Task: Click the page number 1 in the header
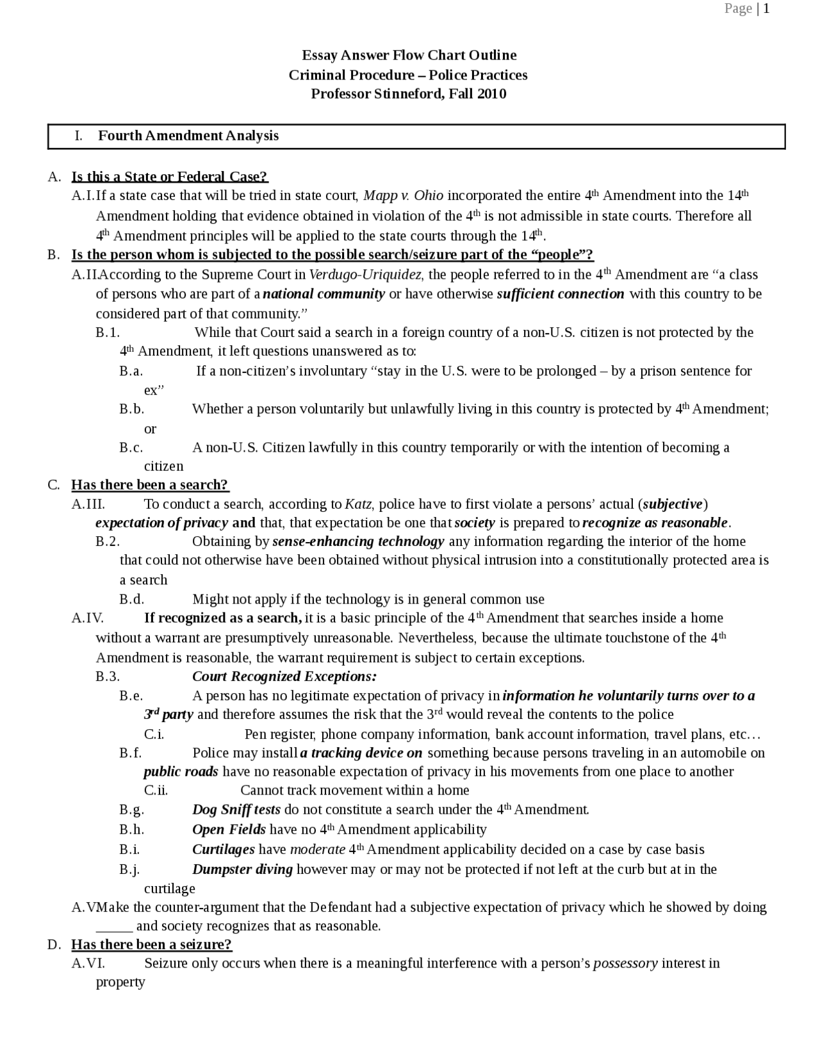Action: click(766, 8)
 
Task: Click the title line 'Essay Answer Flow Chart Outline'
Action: click(409, 55)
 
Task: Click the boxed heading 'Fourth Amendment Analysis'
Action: click(188, 136)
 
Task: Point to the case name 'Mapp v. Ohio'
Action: click(403, 195)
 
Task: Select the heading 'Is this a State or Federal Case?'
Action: click(169, 176)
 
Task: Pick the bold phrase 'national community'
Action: click(324, 294)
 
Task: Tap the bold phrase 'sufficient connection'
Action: click(561, 294)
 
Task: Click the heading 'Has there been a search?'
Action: click(150, 485)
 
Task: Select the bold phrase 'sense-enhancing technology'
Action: click(358, 541)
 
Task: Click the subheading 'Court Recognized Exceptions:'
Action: click(284, 677)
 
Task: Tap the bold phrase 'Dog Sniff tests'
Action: click(236, 810)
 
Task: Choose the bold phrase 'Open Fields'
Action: click(229, 830)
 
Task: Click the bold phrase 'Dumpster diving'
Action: click(242, 869)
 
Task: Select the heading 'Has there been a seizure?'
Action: click(151, 944)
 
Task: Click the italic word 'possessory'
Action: click(625, 964)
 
